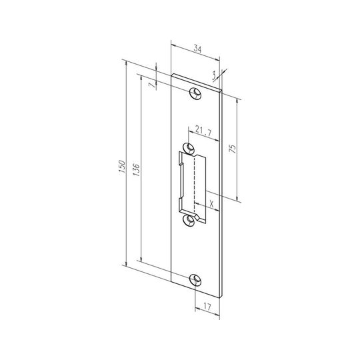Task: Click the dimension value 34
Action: coord(198,49)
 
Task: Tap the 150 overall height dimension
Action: coord(122,167)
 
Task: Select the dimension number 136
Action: coord(136,170)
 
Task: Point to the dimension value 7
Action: coord(152,85)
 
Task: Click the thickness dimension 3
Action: coord(214,75)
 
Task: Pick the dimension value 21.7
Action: coord(203,131)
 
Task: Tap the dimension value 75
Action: coord(233,149)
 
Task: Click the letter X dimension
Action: coord(212,203)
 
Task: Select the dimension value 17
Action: coord(207,307)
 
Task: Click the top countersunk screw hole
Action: coord(195,93)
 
